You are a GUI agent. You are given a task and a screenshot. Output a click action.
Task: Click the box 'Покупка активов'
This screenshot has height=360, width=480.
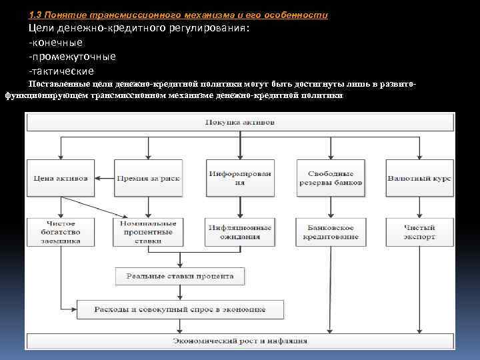click(x=240, y=123)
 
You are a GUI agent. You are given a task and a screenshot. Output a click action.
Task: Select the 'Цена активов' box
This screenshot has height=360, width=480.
click(x=60, y=178)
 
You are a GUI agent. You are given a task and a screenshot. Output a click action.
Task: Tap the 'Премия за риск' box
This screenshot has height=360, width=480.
click(x=148, y=178)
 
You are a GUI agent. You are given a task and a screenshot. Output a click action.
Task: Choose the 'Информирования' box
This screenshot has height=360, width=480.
click(x=240, y=178)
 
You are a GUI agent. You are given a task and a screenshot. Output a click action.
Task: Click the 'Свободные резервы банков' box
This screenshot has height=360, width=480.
click(x=331, y=178)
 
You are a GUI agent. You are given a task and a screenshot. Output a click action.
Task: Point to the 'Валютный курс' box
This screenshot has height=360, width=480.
click(x=419, y=178)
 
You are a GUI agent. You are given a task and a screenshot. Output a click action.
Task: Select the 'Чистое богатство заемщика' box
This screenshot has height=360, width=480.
click(x=60, y=232)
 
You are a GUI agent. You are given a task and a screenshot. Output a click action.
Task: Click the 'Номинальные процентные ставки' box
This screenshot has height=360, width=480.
click(x=148, y=232)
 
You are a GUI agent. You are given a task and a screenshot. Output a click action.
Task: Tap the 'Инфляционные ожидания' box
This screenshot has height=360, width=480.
click(x=240, y=232)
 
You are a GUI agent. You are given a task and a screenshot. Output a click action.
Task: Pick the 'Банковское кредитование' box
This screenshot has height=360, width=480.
click(x=331, y=232)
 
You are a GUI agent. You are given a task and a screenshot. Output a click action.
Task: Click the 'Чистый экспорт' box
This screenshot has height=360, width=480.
click(x=419, y=232)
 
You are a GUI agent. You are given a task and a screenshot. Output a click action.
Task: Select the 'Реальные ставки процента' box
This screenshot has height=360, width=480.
click(x=180, y=275)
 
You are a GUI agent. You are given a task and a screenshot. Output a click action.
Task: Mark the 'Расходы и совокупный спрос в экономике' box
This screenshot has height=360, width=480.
click(x=180, y=309)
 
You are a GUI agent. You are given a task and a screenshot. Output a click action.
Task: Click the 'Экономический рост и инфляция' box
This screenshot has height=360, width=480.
click(x=240, y=341)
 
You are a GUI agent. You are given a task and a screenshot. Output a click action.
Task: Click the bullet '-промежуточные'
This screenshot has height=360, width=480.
click(x=71, y=57)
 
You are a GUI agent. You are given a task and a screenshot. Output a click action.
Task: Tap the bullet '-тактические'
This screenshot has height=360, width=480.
click(x=61, y=71)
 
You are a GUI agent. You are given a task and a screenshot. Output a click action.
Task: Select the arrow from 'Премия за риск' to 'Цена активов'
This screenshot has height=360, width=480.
click(x=104, y=178)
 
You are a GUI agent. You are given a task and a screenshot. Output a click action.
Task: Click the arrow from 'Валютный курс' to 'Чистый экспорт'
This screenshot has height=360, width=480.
click(x=419, y=207)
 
